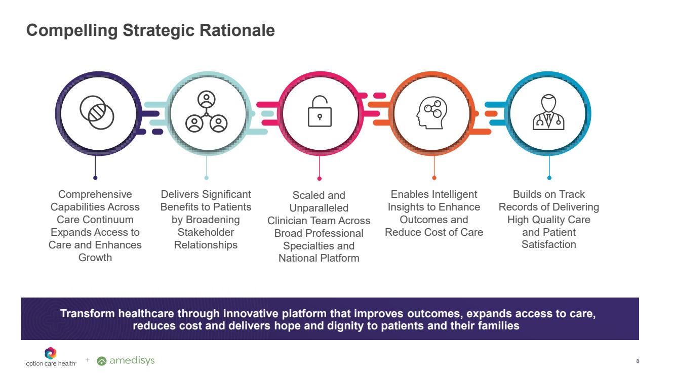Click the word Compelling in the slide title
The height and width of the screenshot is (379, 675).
click(72, 31)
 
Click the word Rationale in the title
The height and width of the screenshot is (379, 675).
click(237, 30)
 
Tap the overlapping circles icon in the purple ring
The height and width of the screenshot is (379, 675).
click(97, 112)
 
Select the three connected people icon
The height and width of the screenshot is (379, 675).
click(207, 112)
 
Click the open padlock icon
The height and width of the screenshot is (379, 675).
click(320, 111)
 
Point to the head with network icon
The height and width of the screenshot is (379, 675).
click(432, 113)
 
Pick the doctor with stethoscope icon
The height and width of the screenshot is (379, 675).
click(548, 112)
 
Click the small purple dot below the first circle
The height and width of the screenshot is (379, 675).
click(95, 178)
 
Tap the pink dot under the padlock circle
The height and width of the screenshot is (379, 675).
click(320, 179)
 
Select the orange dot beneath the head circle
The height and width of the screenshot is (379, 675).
click(434, 178)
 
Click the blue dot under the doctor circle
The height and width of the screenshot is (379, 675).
click(549, 178)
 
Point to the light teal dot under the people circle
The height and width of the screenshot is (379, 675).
click(207, 178)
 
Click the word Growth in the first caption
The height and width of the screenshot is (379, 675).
click(95, 258)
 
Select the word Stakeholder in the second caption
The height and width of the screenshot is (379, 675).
click(206, 232)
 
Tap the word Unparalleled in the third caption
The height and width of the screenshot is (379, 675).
click(319, 208)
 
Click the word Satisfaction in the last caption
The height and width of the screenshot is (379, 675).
click(549, 244)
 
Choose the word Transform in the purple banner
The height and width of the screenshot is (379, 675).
click(88, 314)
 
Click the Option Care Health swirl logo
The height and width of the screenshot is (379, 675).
click(51, 353)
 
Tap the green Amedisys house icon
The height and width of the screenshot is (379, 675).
click(102, 361)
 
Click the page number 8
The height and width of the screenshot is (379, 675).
click(638, 361)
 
